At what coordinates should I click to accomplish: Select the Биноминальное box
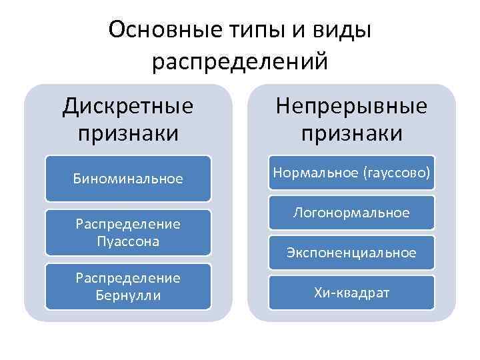tap(128, 179)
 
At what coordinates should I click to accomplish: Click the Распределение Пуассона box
tap(128, 233)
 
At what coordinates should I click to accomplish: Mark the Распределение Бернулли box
tap(128, 286)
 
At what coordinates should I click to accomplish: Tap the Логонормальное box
tap(351, 213)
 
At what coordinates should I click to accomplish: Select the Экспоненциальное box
tap(351, 253)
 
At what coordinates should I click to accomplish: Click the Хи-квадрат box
tap(351, 292)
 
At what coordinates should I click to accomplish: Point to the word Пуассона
tap(128, 241)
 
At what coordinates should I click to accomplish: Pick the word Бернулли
tap(128, 295)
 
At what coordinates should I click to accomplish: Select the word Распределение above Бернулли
tap(128, 278)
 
